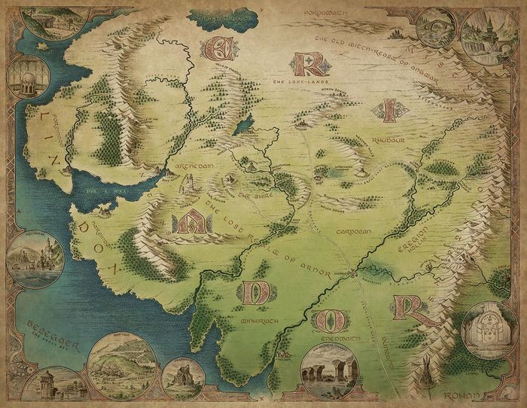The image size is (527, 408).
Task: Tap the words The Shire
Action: pyautogui.click(x=249, y=194)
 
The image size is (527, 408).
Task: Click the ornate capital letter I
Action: pyautogui.click(x=388, y=111)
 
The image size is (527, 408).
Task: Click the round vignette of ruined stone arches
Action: pyautogui.click(x=329, y=369)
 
